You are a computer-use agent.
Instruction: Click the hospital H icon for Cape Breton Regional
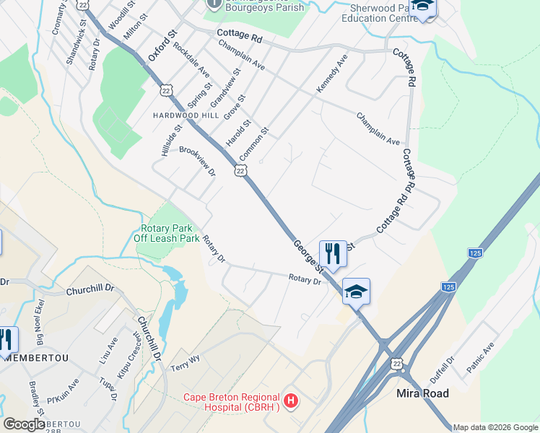coord(290,400)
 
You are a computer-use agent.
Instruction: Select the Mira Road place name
coord(423,393)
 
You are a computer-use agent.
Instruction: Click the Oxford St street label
coord(162,45)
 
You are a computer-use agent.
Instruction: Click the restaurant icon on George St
coord(332,253)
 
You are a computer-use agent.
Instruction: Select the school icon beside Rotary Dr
coord(356,292)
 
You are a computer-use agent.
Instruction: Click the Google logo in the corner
coord(24,424)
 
